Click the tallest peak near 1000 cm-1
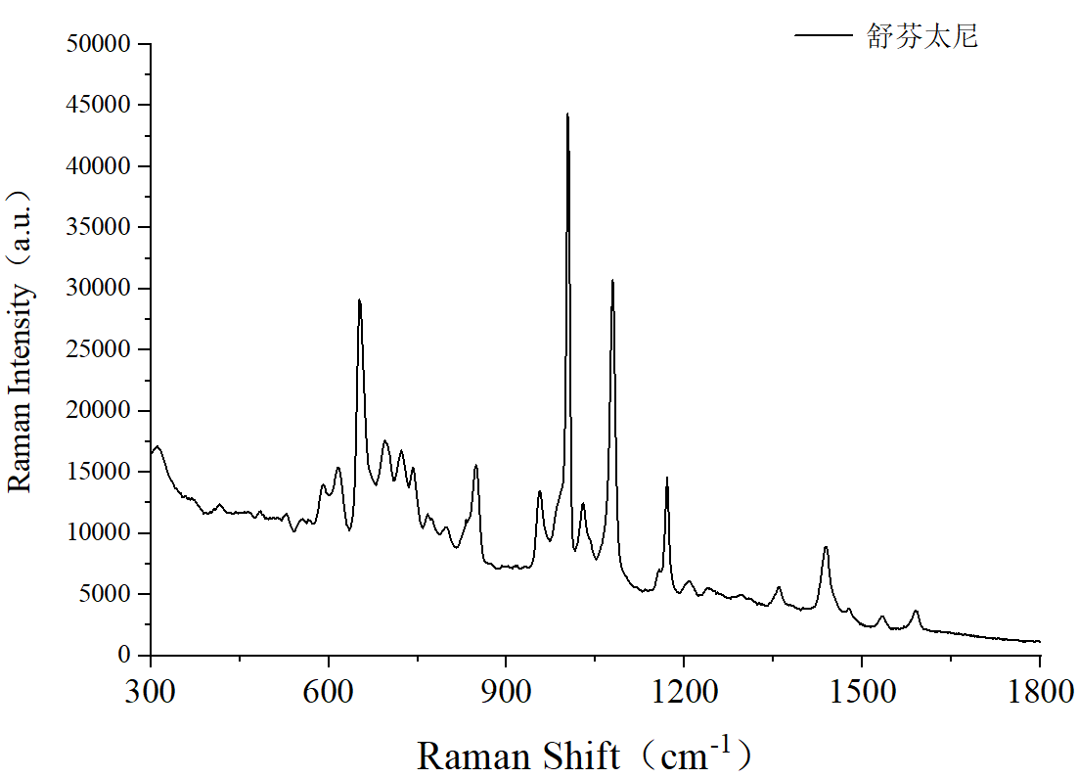(567, 114)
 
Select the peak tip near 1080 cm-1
(612, 281)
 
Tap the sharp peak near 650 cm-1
(360, 299)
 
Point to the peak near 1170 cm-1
(667, 478)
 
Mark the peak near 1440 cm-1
(826, 547)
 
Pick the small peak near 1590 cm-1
(916, 611)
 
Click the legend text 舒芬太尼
(921, 37)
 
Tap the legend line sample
(824, 36)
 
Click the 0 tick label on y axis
(124, 656)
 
